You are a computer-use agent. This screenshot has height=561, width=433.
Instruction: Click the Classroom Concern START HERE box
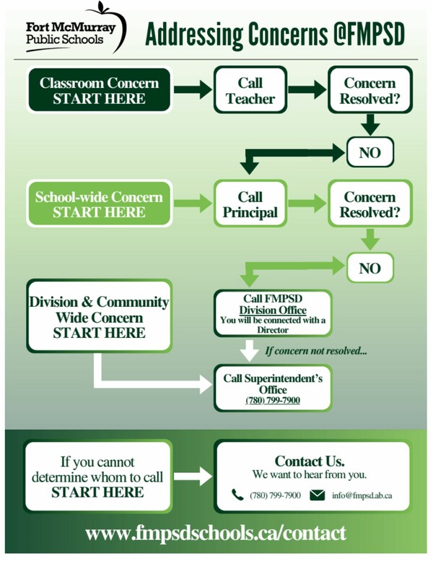point(99,90)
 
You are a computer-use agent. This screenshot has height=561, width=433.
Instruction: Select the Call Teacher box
point(250,90)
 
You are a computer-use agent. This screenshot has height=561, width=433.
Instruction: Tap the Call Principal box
point(250,204)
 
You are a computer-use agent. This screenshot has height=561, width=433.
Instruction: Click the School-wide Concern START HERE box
point(99,204)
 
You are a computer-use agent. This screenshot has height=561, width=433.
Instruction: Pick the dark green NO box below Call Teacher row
point(370,152)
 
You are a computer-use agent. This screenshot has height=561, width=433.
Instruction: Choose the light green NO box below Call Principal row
point(370,268)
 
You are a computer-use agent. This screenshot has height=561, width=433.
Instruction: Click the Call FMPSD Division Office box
point(273,314)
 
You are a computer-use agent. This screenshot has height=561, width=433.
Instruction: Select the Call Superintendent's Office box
point(273,388)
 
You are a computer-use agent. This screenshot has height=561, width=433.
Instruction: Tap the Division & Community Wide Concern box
point(99,316)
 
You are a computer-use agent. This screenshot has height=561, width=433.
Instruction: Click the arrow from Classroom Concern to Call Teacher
point(193,90)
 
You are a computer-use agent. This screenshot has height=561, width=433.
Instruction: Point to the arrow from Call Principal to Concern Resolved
point(307,203)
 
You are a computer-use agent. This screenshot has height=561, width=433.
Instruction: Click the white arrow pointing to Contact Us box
point(193,477)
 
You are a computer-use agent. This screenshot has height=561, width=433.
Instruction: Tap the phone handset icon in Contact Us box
point(237,495)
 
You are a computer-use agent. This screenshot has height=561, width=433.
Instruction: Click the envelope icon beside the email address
point(317,495)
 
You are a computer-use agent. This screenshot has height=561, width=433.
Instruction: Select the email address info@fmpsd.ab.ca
point(362,495)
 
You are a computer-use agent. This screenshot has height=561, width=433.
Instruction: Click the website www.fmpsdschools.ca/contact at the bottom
point(216,534)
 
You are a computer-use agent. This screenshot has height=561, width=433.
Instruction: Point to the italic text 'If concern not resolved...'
point(316,351)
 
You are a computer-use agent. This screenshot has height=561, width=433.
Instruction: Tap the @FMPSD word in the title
point(369,34)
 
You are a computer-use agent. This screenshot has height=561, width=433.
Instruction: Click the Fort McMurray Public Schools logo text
point(71,33)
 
